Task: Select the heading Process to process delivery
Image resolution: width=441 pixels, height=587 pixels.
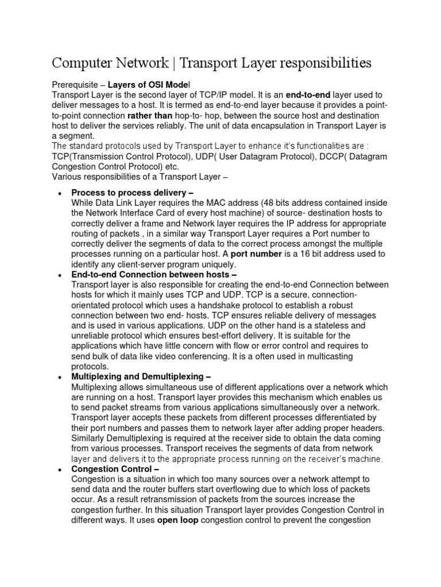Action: pyautogui.click(x=132, y=193)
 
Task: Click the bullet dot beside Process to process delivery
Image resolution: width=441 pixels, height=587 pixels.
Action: pyautogui.click(x=60, y=193)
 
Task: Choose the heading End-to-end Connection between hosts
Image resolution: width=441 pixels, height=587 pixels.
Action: pyautogui.click(x=153, y=275)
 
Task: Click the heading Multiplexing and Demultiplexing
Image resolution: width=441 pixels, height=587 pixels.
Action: pyautogui.click(x=141, y=377)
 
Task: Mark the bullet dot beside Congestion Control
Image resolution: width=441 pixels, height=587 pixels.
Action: pyautogui.click(x=60, y=469)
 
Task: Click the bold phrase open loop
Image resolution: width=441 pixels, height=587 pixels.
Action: pyautogui.click(x=179, y=519)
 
